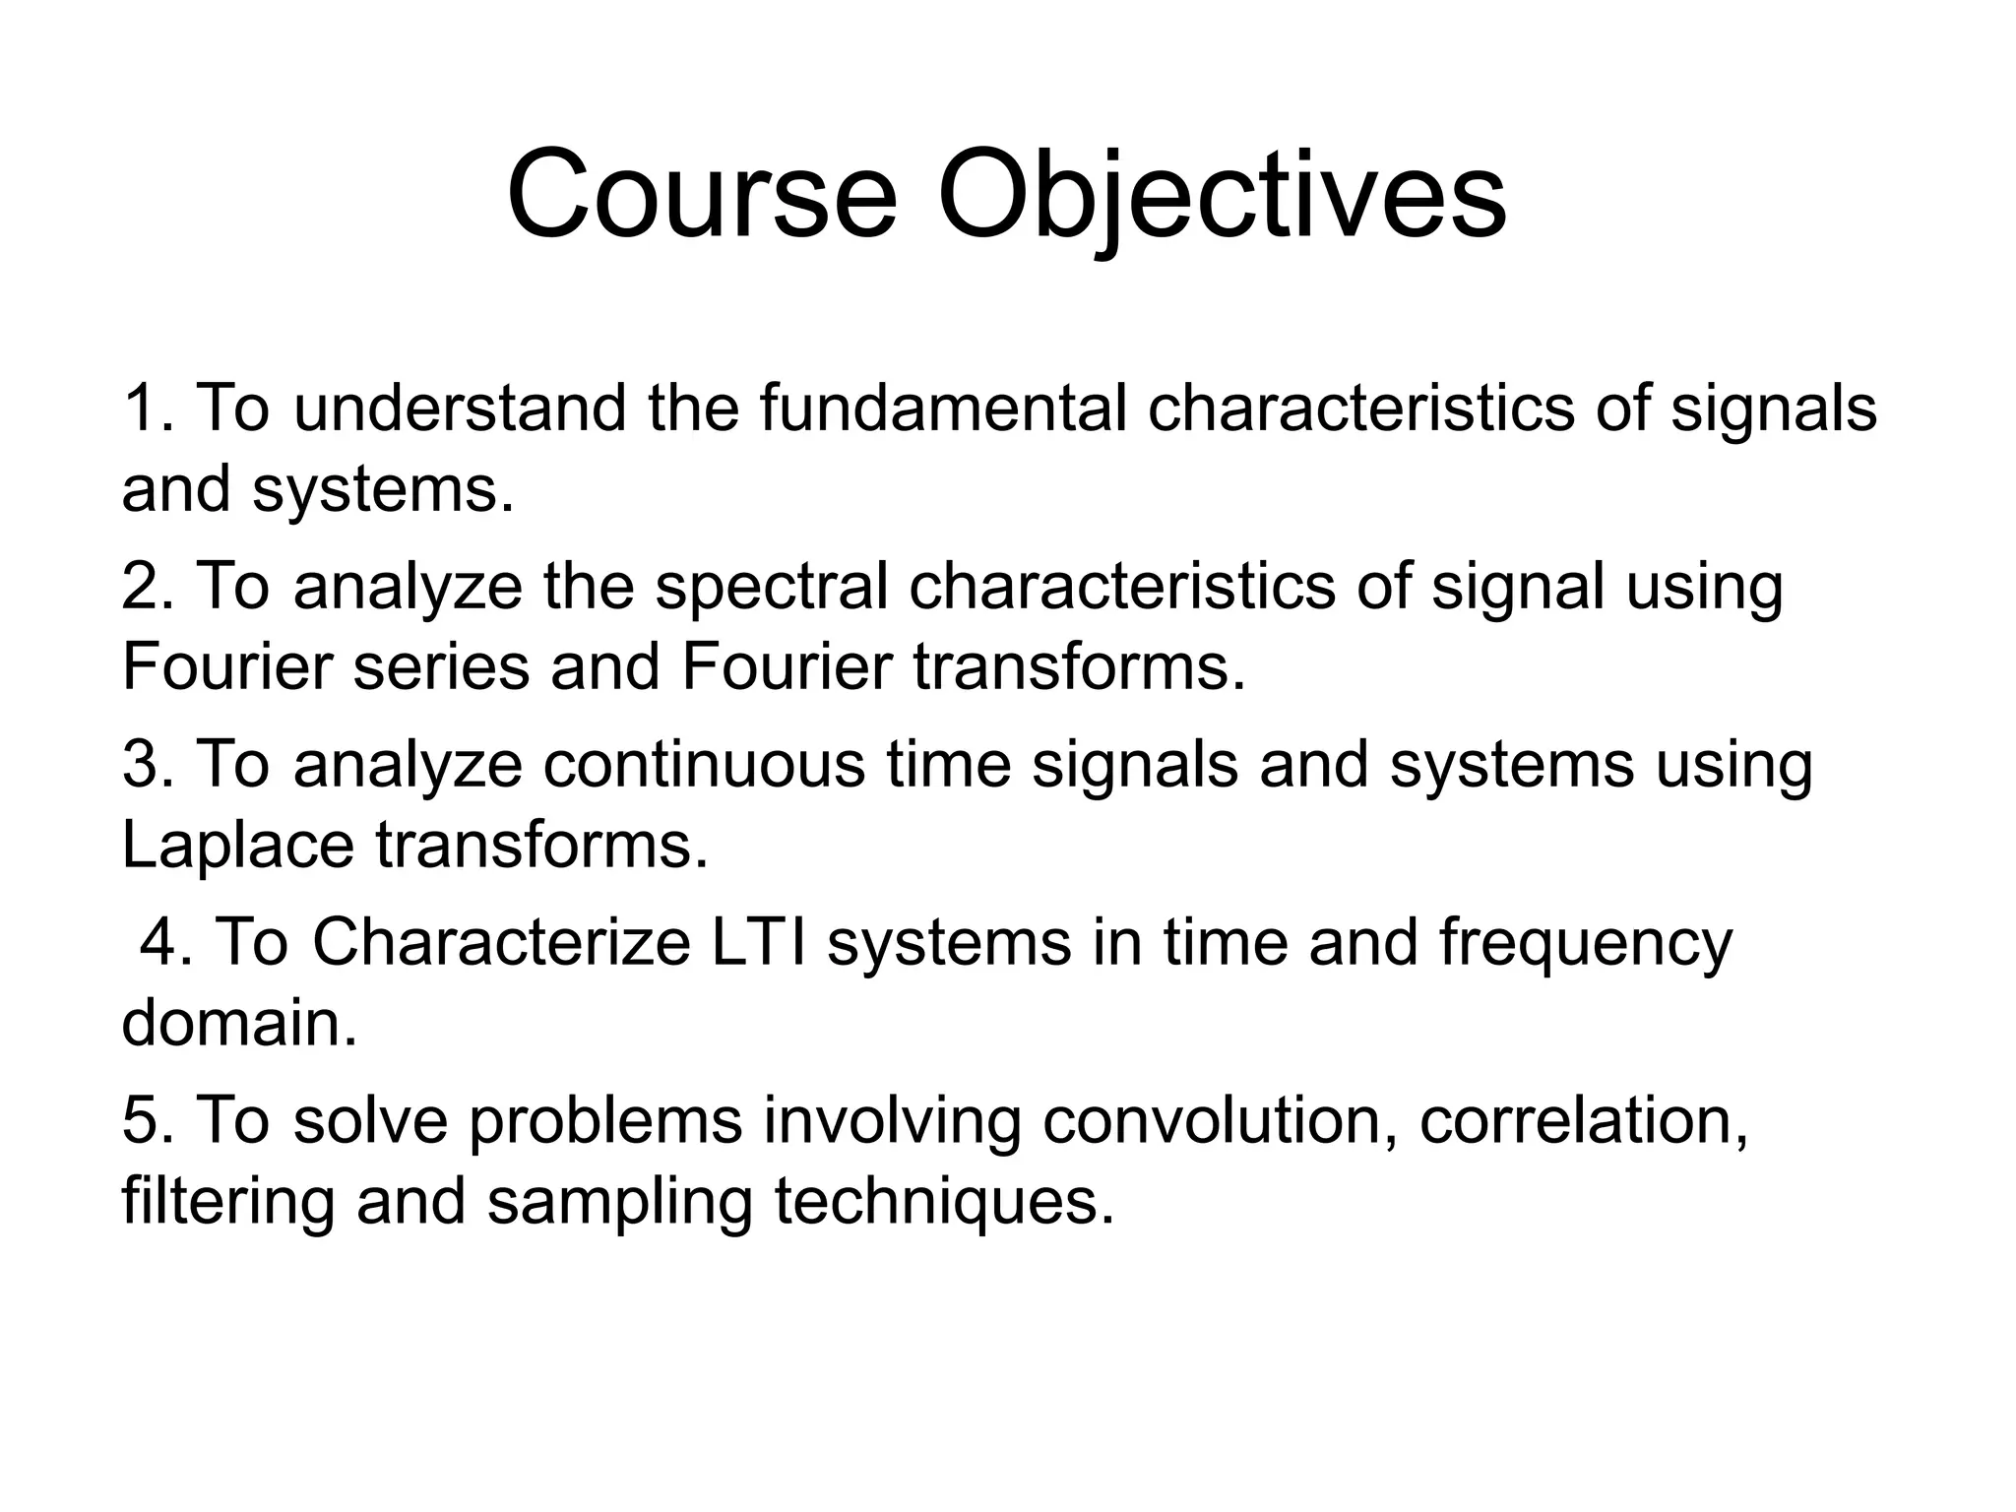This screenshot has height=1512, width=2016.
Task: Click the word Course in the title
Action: pos(701,194)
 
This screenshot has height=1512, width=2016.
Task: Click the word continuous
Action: pos(704,765)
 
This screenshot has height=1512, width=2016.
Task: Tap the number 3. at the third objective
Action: pos(148,765)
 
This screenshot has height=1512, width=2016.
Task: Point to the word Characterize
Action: pos(501,943)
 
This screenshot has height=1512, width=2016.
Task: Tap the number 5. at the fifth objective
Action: pos(148,1121)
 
